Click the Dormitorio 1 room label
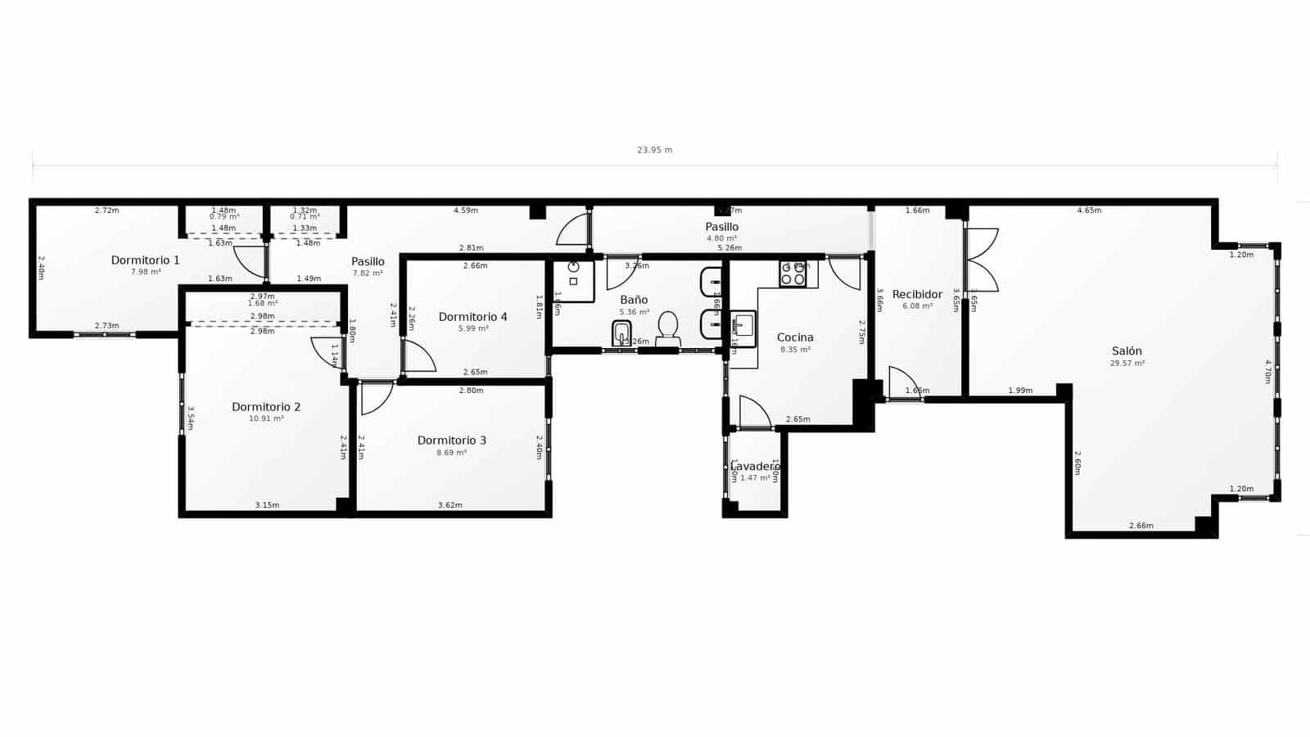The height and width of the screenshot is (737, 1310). (x=145, y=260)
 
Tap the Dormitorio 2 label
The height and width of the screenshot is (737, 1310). (x=266, y=407)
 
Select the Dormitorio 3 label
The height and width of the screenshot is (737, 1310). (x=451, y=441)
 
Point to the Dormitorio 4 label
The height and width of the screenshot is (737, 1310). (x=472, y=317)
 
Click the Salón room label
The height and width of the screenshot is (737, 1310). (x=1127, y=351)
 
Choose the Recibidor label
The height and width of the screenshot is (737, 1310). (x=917, y=295)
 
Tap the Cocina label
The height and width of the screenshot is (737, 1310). (x=795, y=337)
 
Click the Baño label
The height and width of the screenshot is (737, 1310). (x=634, y=301)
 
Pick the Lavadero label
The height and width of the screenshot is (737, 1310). (x=754, y=467)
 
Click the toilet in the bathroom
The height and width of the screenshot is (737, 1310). (x=668, y=328)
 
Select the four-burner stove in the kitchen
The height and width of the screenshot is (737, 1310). (x=793, y=274)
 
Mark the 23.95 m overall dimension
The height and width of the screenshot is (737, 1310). (x=654, y=150)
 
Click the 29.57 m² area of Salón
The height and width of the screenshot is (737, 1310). (x=1127, y=363)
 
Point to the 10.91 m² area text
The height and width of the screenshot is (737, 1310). (x=266, y=418)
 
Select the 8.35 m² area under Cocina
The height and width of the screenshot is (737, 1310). (x=795, y=350)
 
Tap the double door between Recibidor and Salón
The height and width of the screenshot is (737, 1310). (x=981, y=260)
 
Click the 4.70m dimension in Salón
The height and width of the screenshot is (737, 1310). (x=1267, y=373)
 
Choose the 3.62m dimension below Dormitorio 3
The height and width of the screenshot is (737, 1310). (x=449, y=505)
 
